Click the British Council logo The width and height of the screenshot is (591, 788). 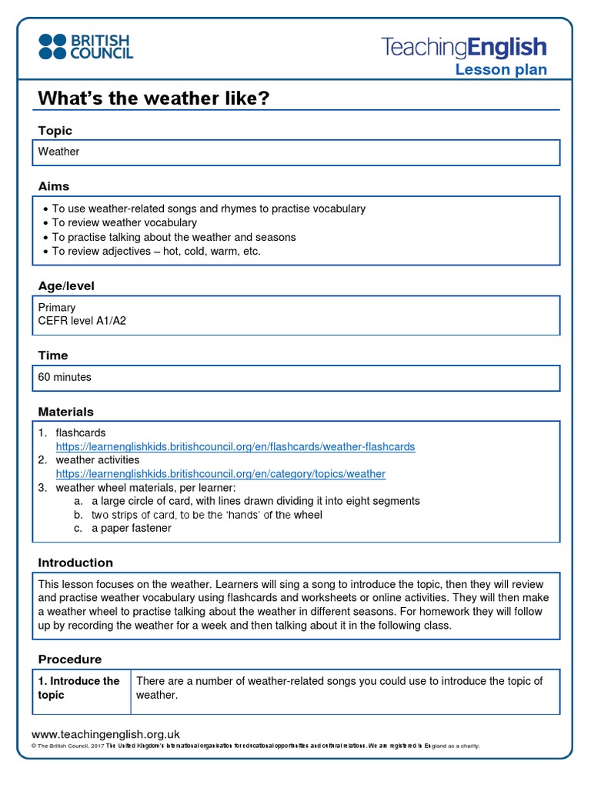(x=85, y=46)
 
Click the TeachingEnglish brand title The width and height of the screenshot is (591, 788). (x=464, y=48)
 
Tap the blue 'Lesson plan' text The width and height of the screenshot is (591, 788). (x=501, y=70)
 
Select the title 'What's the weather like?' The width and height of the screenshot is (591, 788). (x=154, y=98)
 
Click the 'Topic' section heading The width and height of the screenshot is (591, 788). (x=55, y=131)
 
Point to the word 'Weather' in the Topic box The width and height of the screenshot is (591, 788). (x=59, y=152)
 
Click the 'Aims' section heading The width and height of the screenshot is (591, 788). (x=54, y=186)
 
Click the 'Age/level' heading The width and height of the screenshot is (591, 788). (x=66, y=286)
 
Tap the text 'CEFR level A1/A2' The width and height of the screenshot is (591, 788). (x=82, y=321)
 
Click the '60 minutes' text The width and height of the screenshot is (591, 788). (x=65, y=377)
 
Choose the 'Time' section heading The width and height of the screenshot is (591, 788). (x=53, y=356)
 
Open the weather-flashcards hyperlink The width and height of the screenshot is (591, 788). (x=235, y=447)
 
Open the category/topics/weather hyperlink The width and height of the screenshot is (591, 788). (x=220, y=474)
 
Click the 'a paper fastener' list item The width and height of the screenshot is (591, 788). (x=131, y=529)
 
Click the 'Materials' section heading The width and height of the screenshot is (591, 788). (x=66, y=412)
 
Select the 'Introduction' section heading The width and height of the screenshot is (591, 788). (x=75, y=563)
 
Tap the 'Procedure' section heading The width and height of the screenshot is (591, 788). (x=70, y=659)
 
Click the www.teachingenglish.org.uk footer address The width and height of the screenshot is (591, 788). (x=105, y=735)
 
